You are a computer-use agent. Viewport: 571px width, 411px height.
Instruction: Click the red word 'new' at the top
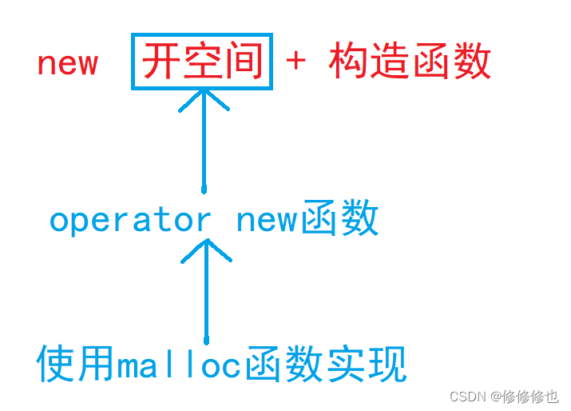tap(67, 63)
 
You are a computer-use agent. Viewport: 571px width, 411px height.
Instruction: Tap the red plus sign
tap(295, 62)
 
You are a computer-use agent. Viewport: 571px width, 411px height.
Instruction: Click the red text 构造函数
tap(410, 62)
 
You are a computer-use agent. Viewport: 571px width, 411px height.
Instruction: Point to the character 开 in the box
tap(161, 62)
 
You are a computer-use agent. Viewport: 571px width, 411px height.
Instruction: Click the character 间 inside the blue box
tap(243, 62)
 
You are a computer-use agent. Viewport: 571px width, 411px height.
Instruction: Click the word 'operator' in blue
tap(130, 219)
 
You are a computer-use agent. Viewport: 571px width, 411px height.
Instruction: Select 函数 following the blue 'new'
tap(340, 219)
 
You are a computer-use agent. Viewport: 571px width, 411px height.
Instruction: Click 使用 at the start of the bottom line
tap(77, 365)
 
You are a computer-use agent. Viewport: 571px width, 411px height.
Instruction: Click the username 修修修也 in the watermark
tap(530, 396)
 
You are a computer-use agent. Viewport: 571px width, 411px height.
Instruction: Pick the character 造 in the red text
tap(390, 62)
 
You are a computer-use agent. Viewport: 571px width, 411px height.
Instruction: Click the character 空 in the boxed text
tap(202, 62)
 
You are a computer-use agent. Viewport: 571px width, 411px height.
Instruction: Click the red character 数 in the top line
tap(471, 62)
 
